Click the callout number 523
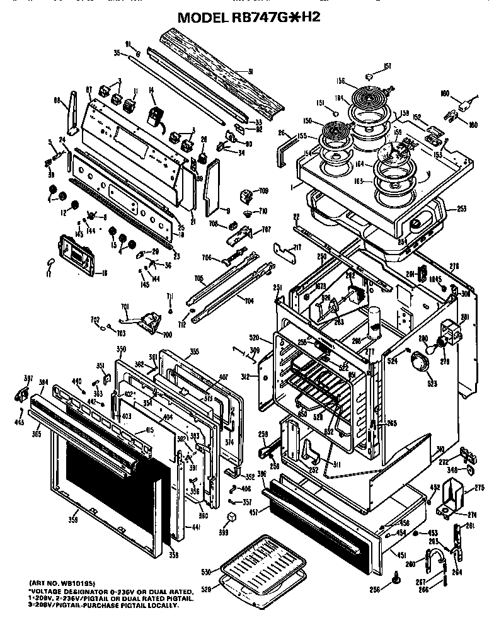414,382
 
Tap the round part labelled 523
416,364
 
